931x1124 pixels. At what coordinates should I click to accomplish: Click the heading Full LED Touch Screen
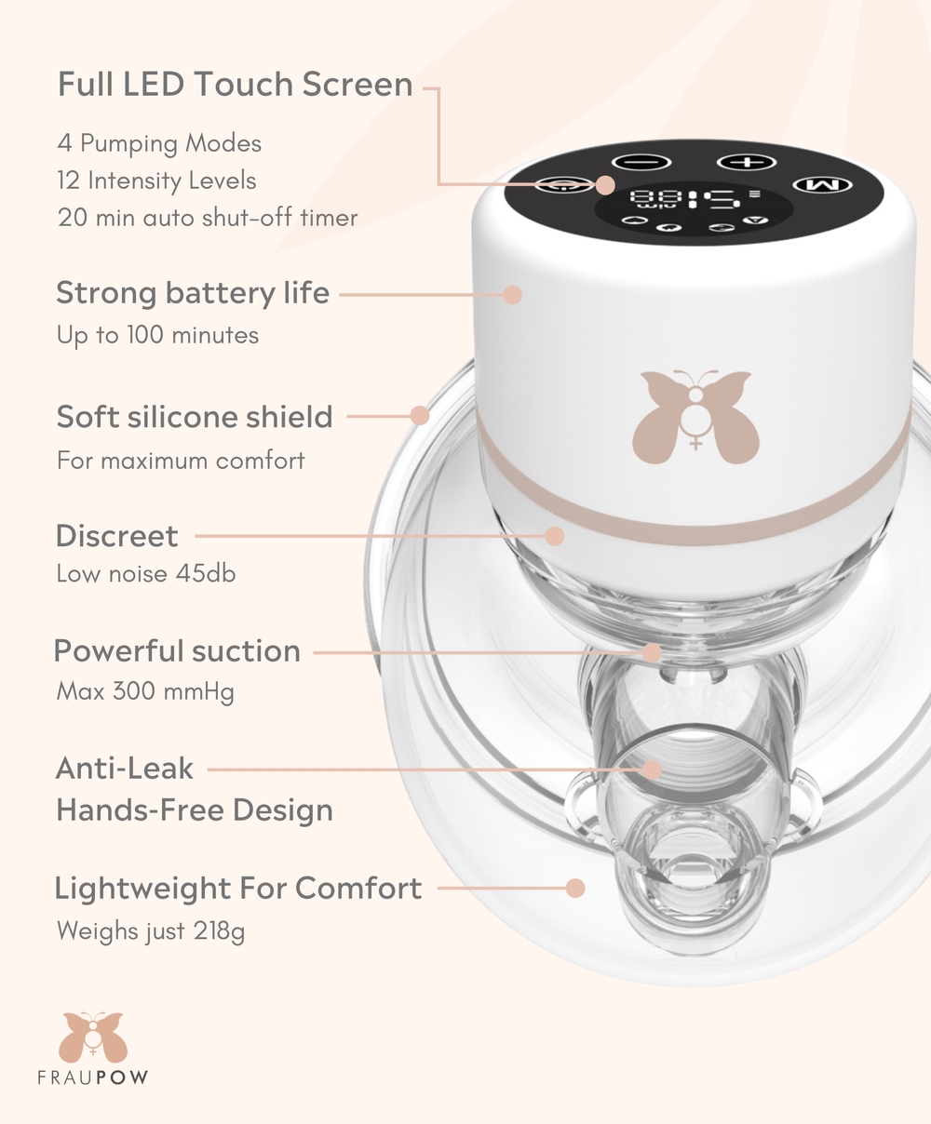[235, 85]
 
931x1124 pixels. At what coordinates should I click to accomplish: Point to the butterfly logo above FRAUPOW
[92, 1037]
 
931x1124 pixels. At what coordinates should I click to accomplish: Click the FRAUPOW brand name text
[92, 1078]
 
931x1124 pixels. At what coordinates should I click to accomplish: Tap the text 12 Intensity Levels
[156, 181]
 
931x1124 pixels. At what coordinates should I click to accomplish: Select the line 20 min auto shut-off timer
[207, 218]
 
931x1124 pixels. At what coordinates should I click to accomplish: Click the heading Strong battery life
[193, 293]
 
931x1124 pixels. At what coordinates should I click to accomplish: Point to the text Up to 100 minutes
[157, 335]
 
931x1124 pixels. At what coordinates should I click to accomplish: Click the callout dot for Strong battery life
[512, 295]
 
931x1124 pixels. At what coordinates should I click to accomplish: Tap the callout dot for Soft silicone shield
[420, 416]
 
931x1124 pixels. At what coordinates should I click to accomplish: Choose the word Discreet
[116, 536]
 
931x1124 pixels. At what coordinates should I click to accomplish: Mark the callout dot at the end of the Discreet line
[555, 536]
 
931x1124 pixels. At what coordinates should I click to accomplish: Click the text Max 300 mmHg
[145, 691]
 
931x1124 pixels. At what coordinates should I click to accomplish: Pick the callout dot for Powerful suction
[652, 652]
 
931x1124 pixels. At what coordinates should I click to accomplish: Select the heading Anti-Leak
[125, 769]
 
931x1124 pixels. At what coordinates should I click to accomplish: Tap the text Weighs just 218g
[151, 930]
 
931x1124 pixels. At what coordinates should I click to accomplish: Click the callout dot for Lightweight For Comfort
[575, 888]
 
